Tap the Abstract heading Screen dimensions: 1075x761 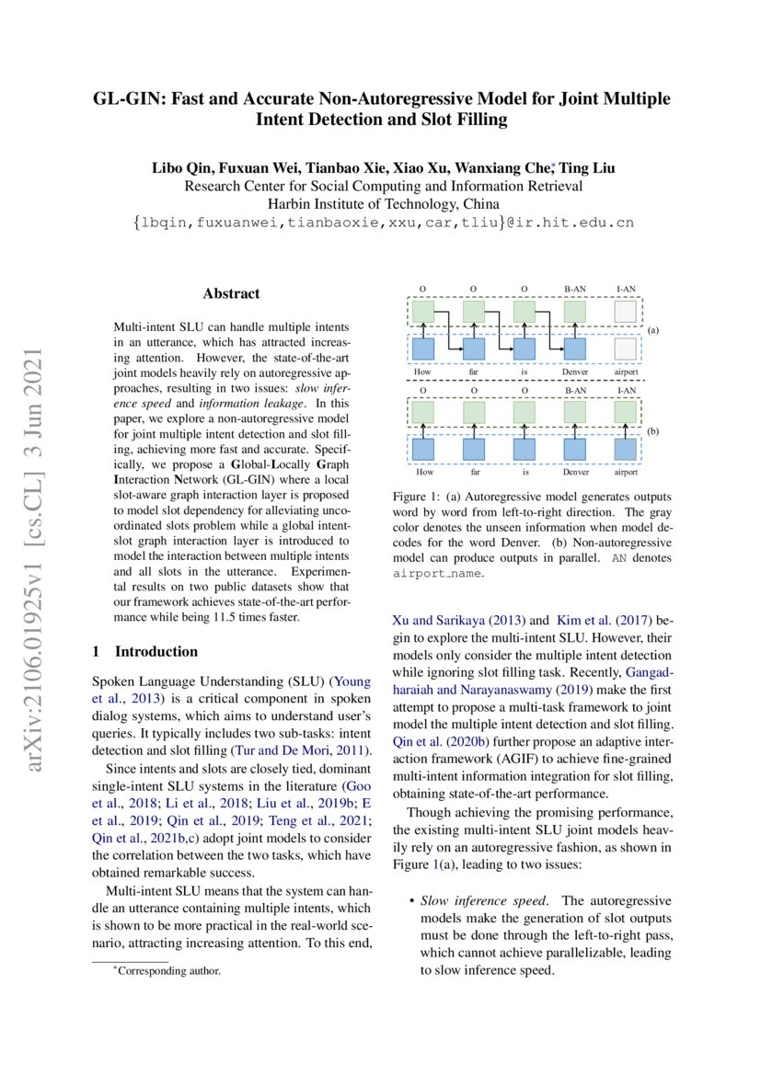point(231,294)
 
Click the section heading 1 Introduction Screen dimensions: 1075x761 point(144,651)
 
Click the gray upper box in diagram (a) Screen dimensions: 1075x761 point(626,313)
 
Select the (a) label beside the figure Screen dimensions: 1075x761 point(653,328)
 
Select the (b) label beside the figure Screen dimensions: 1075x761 point(653,430)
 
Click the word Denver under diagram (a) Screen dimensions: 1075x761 point(575,372)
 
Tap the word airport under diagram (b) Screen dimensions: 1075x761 point(626,472)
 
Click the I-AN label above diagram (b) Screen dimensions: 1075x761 point(626,391)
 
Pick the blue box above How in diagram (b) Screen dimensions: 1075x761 point(423,449)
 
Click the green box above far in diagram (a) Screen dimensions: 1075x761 point(474,313)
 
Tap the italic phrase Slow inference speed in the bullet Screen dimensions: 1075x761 point(474,900)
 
